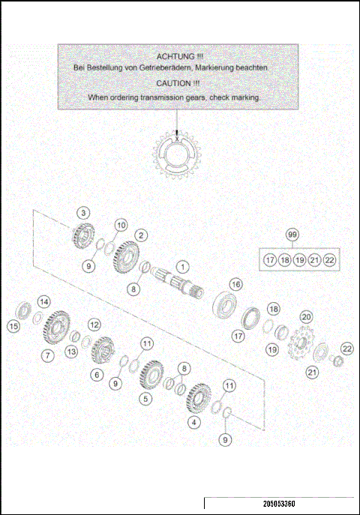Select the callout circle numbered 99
292,235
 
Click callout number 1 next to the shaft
181,266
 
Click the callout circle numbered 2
139,235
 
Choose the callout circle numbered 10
121,225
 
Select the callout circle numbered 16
235,284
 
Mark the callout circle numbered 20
305,317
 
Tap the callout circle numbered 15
13,326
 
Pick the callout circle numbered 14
44,301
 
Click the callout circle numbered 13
71,352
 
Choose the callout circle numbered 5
145,400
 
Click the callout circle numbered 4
196,421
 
